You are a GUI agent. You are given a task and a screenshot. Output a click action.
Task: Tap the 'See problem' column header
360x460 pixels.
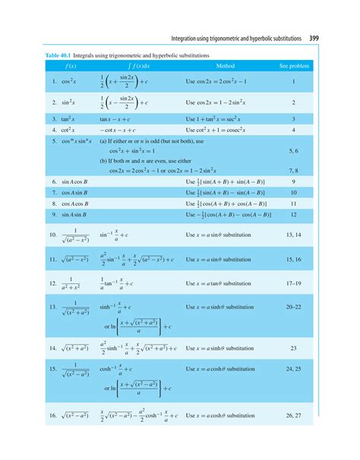coord(294,66)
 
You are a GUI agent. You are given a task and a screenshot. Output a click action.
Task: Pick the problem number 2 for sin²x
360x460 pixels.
coord(294,102)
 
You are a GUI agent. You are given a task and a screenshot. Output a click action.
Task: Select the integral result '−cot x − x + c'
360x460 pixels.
coord(123,131)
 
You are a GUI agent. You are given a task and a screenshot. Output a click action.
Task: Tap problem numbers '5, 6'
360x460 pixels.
coord(294,152)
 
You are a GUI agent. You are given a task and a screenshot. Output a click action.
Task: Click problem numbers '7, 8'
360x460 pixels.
coord(294,172)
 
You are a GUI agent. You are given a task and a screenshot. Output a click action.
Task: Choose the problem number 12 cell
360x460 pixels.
coord(294,216)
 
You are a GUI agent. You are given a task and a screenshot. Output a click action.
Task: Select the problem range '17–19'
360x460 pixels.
coord(294,284)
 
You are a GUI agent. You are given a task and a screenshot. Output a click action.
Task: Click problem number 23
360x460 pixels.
coord(294,348)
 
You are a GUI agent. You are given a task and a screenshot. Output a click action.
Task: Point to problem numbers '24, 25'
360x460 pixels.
coord(294,369)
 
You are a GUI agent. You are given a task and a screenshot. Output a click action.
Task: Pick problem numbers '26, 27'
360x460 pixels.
coord(294,416)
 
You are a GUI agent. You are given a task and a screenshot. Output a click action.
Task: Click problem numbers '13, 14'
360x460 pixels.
coord(294,237)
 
